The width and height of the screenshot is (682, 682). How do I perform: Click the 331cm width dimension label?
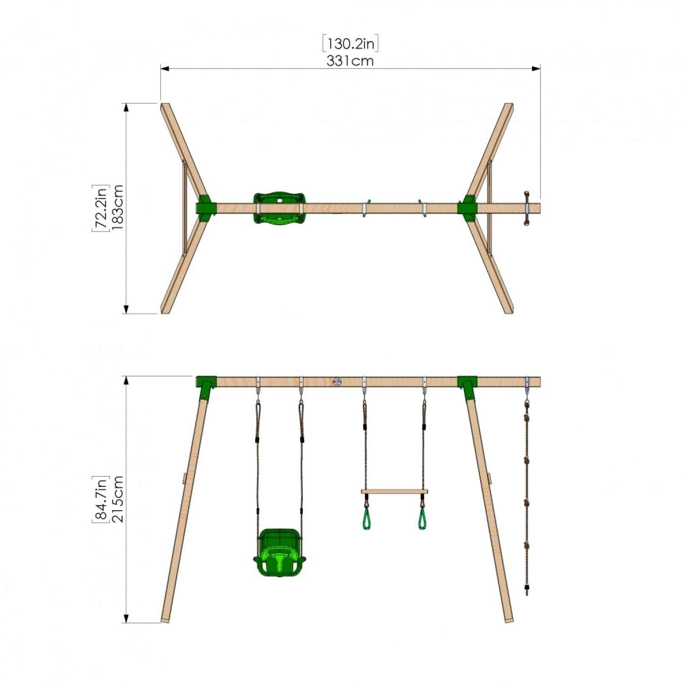(350, 61)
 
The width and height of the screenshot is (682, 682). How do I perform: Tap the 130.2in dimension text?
(350, 44)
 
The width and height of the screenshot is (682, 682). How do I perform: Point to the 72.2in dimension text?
(100, 208)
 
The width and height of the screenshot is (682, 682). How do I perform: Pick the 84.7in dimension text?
(100, 499)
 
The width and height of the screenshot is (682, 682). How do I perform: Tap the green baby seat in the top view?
(279, 208)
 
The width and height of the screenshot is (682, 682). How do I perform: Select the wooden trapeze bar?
(394, 491)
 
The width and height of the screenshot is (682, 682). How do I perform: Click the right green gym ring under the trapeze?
(422, 519)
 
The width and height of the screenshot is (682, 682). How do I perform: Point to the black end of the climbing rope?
(527, 590)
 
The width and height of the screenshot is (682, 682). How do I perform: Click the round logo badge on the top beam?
(337, 382)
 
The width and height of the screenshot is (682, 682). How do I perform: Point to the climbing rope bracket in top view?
(527, 208)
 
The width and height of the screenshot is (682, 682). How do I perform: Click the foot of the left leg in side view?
(165, 619)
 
